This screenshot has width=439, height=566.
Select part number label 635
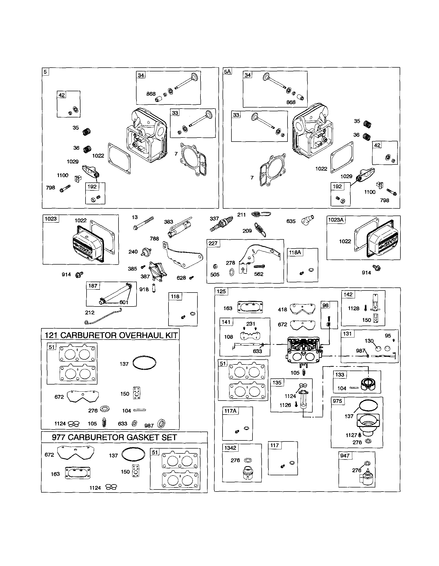(291, 221)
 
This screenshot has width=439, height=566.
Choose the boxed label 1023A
(336, 220)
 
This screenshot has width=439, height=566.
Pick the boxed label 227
(213, 243)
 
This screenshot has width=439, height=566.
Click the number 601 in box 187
(124, 302)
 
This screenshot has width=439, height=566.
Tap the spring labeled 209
(261, 230)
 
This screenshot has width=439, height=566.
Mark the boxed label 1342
(230, 448)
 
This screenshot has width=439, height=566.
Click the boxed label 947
(345, 456)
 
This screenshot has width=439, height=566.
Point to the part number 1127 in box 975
(351, 435)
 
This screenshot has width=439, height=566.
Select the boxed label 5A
(227, 71)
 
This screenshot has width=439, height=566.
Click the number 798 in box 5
(50, 188)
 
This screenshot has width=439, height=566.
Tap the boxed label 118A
(295, 252)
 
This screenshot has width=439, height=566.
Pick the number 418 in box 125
(282, 310)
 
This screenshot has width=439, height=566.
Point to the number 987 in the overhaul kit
(149, 425)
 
